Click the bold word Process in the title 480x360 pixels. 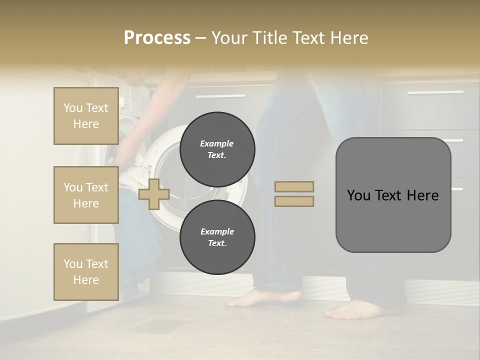pyautogui.click(x=157, y=38)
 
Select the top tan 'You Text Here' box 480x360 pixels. pyautogui.click(x=86, y=116)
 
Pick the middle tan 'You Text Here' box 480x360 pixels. pyautogui.click(x=86, y=195)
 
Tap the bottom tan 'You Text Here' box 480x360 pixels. pyautogui.click(x=86, y=272)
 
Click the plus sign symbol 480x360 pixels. pyautogui.click(x=154, y=194)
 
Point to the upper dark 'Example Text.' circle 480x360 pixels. pyautogui.click(x=217, y=149)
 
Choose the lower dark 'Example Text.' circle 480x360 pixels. pyautogui.click(x=217, y=237)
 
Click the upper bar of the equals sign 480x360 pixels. pyautogui.click(x=294, y=186)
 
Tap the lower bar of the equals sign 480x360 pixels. pyautogui.click(x=294, y=201)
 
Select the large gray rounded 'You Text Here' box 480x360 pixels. pyautogui.click(x=393, y=195)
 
